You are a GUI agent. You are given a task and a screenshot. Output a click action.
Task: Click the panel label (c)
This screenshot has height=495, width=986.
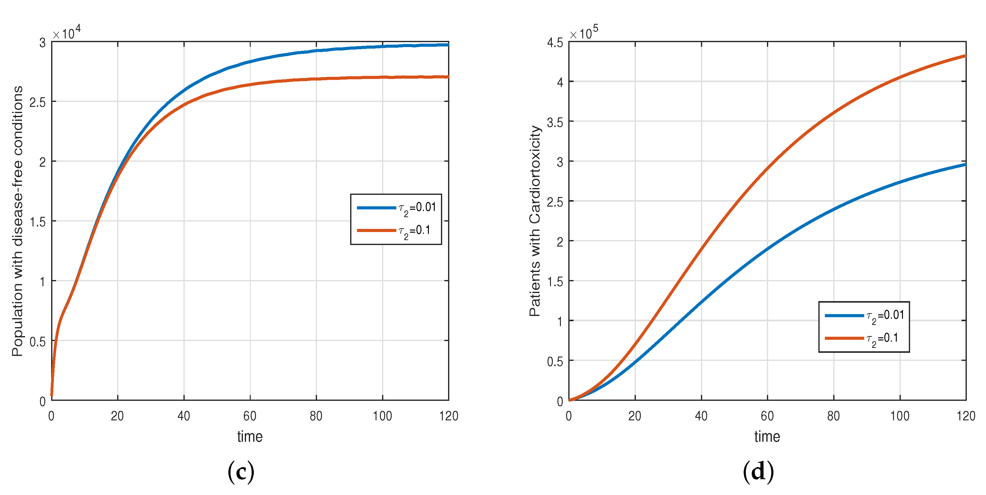click(241, 472)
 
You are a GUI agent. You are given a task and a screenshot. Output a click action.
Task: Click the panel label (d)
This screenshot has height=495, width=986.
click(758, 472)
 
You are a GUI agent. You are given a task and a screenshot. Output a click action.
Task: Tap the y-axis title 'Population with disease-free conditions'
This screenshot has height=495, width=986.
click(18, 221)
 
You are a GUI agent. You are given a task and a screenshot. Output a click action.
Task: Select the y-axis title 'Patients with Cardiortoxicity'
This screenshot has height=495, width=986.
click(535, 221)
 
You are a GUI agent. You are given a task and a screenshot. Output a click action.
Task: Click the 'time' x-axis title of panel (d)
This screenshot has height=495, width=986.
click(767, 436)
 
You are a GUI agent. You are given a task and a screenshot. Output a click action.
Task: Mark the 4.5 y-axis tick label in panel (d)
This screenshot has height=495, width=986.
click(555, 42)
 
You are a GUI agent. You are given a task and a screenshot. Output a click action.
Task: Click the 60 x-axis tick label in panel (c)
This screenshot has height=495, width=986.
click(250, 416)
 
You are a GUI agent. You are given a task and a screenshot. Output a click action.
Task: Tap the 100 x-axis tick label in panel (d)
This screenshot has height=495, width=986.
click(900, 416)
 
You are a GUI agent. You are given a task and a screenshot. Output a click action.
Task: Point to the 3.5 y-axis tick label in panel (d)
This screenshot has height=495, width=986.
click(555, 122)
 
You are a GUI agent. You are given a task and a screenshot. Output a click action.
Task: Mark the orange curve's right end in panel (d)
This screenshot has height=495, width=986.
click(965, 56)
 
